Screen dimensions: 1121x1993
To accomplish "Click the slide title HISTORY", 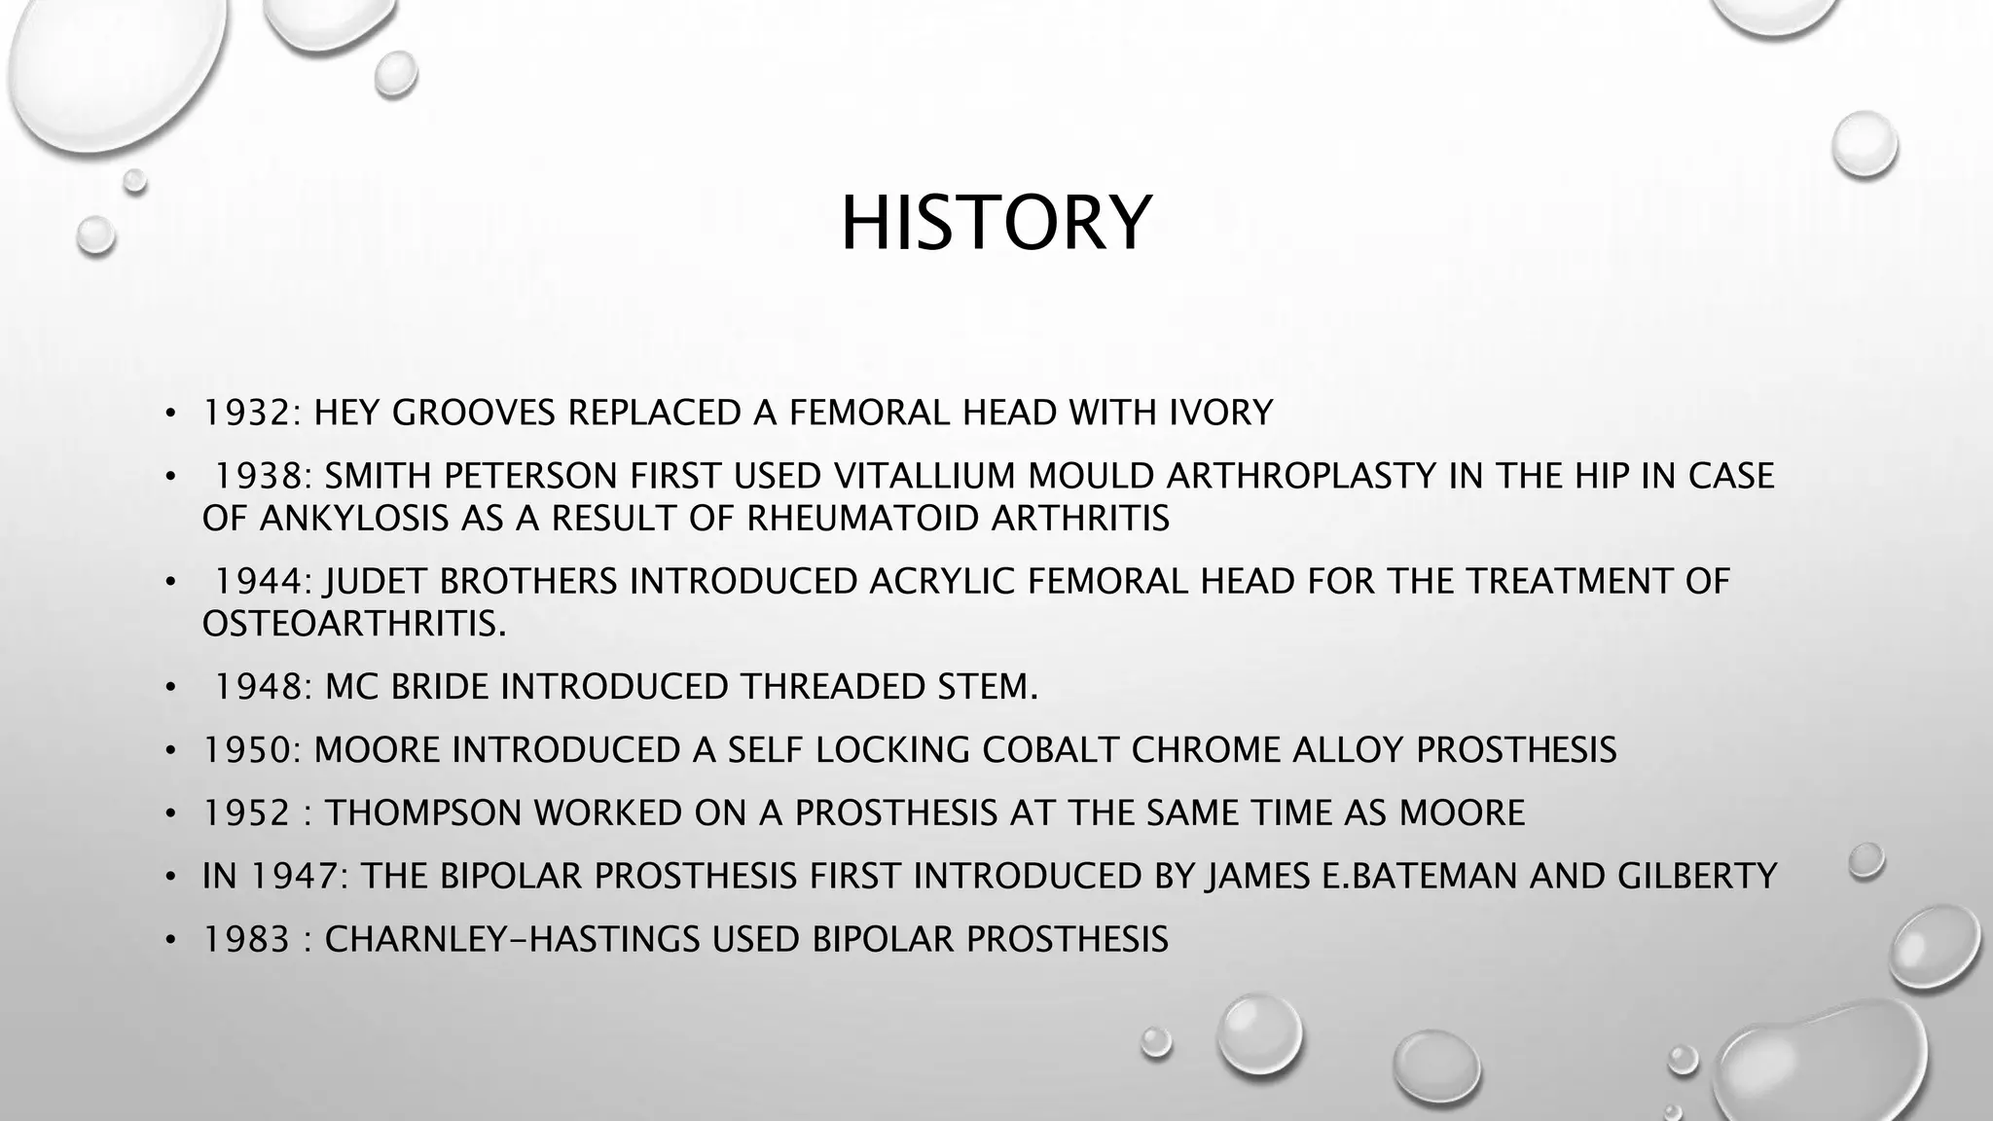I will tap(996, 224).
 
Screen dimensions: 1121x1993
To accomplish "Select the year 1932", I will tap(248, 414).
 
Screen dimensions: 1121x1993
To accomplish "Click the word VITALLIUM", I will tap(925, 476).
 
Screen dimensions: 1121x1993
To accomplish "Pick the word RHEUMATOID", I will tap(863, 519).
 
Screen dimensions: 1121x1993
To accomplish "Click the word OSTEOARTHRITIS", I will tap(351, 624).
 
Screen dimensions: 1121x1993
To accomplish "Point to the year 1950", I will tap(248, 750).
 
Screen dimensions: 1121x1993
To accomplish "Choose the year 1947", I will tap(295, 876).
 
